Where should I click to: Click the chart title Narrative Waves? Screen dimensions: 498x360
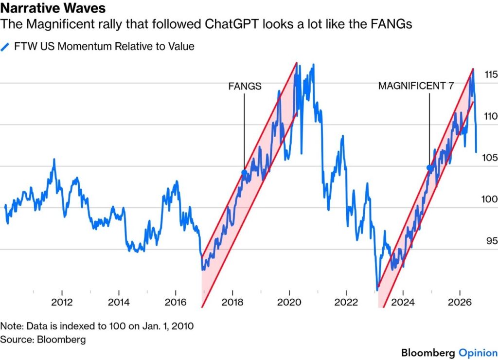53,8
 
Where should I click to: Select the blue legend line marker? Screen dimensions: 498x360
5,47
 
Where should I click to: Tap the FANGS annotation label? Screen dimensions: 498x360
245,86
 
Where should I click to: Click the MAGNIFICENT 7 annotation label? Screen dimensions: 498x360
416,86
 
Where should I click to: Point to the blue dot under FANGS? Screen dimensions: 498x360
244,173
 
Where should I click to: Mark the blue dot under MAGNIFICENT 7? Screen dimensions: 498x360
429,168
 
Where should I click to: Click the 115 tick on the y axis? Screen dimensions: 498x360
491,74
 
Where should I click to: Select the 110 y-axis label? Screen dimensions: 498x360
491,116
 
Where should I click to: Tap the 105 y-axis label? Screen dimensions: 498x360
490,157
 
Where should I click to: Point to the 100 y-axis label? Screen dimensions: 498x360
489,199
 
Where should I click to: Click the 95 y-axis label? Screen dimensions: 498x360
492,240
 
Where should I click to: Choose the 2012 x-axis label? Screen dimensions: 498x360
62,302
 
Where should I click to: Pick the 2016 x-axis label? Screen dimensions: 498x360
176,302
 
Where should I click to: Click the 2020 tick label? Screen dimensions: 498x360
289,302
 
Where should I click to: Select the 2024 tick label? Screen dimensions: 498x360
403,302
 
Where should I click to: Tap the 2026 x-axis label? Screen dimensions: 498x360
460,302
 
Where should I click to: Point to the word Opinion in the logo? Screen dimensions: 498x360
478,353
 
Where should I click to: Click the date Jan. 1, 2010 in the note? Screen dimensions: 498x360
168,326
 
